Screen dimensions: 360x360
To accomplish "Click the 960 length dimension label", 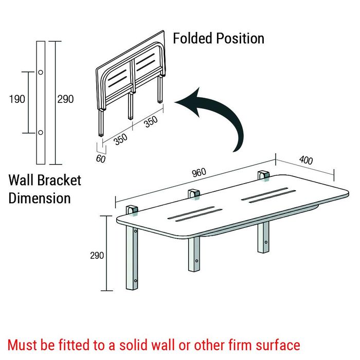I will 200,173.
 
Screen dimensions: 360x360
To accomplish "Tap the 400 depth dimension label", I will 305,160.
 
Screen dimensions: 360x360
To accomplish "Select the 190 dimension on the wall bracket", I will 17,99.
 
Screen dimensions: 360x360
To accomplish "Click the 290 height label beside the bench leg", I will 97,255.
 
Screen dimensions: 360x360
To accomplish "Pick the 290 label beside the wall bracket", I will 65,99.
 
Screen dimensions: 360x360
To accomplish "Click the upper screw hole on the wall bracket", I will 40,72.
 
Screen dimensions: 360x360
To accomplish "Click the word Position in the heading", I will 240,38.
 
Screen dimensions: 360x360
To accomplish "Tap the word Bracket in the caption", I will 62,181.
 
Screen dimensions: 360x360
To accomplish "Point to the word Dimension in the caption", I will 40,198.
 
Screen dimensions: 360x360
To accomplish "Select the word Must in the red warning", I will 24,345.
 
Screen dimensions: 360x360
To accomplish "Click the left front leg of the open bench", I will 132,260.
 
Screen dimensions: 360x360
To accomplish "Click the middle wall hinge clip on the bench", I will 194,195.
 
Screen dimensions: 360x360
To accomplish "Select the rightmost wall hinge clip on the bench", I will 264,175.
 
